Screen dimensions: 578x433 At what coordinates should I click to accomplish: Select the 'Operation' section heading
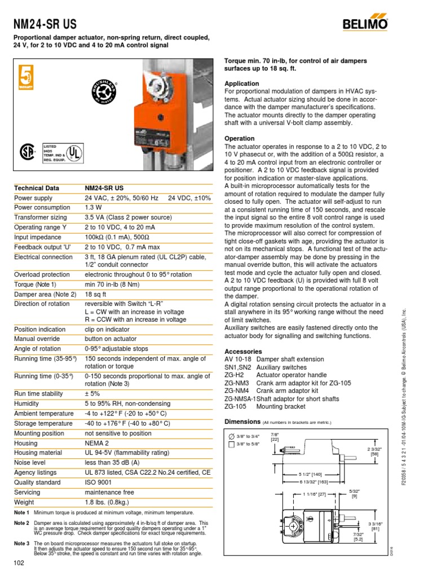pyautogui.click(x=240, y=138)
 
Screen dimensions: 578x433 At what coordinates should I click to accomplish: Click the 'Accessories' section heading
pyautogui.click(x=244, y=351)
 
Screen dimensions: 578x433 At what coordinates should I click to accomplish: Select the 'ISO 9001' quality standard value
pyautogui.click(x=99, y=481)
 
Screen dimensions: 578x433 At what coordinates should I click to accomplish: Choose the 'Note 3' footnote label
pyautogui.click(x=21, y=543)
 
